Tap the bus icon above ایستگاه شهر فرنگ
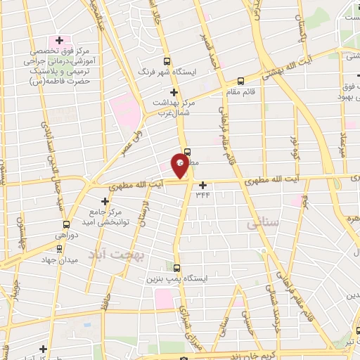166,60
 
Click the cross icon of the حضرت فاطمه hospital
60,40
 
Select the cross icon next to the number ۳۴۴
204,186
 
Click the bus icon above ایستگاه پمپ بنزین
176,267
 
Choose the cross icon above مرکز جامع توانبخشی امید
105,202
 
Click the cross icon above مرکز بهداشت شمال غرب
174,91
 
